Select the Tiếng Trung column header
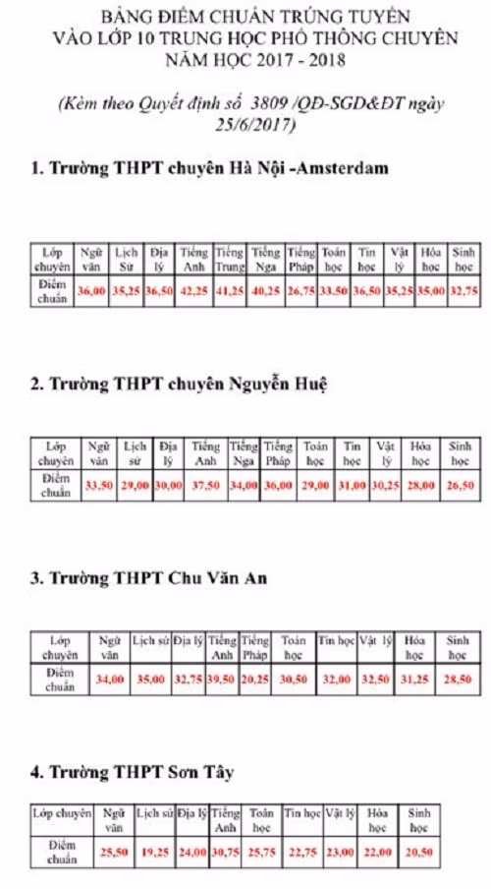click(x=230, y=260)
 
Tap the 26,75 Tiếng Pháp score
click(x=301, y=291)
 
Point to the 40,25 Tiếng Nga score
click(x=265, y=291)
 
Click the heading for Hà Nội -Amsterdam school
click(x=209, y=167)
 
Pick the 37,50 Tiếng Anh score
click(x=205, y=485)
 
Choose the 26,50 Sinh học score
click(x=454, y=485)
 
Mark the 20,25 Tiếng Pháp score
click(x=255, y=679)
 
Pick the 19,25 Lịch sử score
click(x=152, y=852)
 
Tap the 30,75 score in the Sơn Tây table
click(x=225, y=852)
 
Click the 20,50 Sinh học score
click(x=419, y=852)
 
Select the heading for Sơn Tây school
click(x=131, y=771)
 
